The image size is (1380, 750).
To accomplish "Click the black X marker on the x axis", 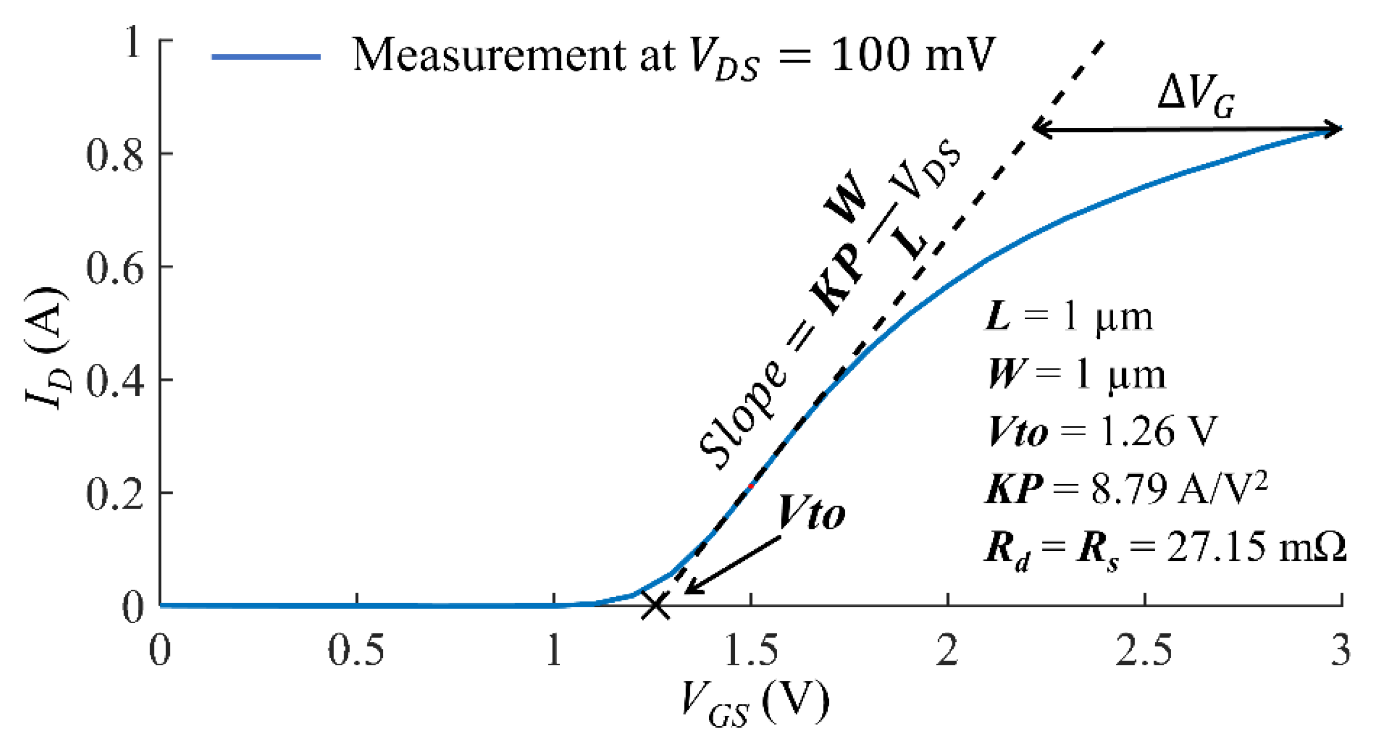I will click(x=655, y=606).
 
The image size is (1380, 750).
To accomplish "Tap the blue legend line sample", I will click(x=266, y=56).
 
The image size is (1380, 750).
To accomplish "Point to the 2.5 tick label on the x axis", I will click(x=1144, y=651).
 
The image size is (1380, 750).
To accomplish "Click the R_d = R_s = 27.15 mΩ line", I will click(x=1165, y=548).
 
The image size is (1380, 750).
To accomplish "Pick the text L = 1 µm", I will click(x=1069, y=317).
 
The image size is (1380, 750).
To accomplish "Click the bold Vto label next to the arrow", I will click(x=811, y=512).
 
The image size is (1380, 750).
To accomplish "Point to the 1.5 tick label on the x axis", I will click(x=751, y=651).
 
